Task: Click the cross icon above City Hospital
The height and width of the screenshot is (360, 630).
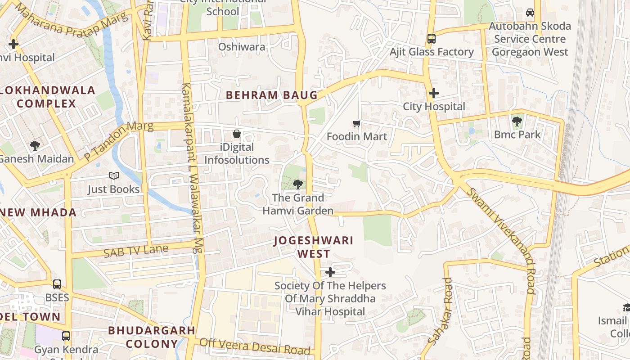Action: (x=434, y=94)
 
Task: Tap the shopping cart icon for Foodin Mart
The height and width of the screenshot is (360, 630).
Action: (x=357, y=123)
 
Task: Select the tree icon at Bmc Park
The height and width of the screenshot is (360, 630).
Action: (x=517, y=121)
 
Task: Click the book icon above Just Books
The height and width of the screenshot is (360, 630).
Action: (x=113, y=176)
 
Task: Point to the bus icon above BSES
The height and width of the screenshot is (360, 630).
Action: (x=57, y=284)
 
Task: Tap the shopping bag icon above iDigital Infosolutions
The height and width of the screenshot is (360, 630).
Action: (x=237, y=134)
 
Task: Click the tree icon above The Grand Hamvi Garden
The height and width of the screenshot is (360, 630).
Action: (x=297, y=184)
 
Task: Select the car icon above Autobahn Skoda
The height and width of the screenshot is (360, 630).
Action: (x=530, y=13)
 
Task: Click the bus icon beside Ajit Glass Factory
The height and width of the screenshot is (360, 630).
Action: (x=431, y=39)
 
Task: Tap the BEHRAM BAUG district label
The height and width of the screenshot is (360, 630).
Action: (x=271, y=95)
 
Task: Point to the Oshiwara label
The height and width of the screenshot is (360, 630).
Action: (x=242, y=47)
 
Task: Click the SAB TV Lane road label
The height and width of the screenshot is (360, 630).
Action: (x=135, y=251)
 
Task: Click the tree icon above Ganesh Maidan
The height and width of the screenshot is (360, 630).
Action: (x=35, y=145)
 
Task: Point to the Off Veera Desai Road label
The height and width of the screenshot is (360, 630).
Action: (x=255, y=346)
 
